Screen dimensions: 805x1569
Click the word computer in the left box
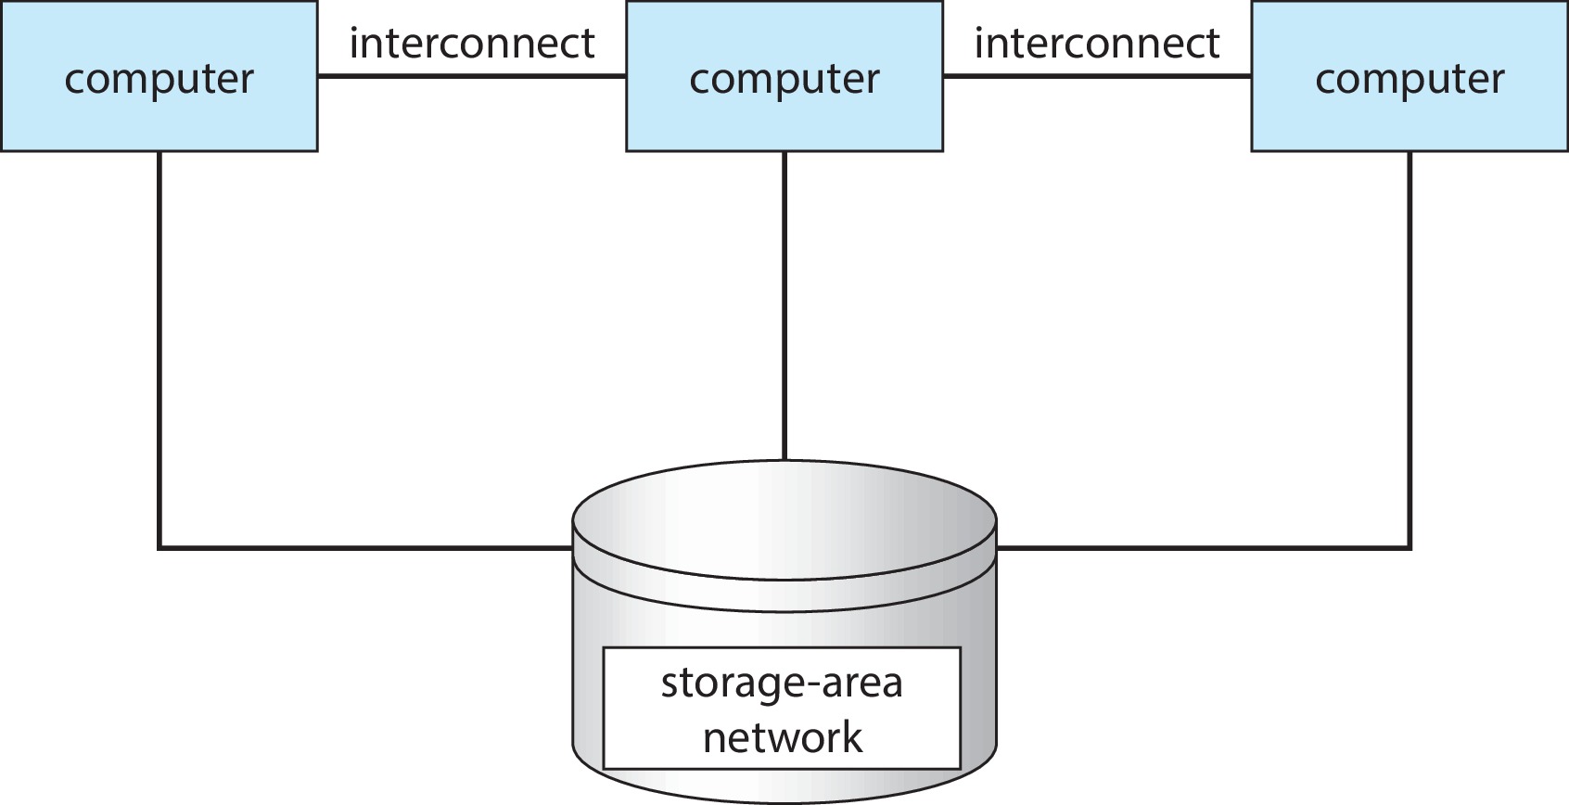pos(159,79)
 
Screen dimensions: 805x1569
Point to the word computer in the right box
pos(1410,79)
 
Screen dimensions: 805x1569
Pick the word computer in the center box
pos(784,79)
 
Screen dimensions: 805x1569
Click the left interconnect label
pos(471,44)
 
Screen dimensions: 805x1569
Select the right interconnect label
pos(1096,44)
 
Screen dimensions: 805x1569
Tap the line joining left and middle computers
pos(471,76)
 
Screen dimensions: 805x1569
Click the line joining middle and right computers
pos(1096,76)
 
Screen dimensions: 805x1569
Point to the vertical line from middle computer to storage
pos(784,306)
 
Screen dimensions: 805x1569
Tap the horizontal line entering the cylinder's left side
pos(371,548)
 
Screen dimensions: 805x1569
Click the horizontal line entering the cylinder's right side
pos(1205,548)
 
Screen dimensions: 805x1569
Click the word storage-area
pos(781,684)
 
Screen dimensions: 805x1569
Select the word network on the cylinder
pos(782,738)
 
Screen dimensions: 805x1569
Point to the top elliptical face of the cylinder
pos(784,519)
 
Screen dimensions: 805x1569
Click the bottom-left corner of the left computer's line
pos(159,548)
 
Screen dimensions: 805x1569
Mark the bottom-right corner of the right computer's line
pos(1410,548)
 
